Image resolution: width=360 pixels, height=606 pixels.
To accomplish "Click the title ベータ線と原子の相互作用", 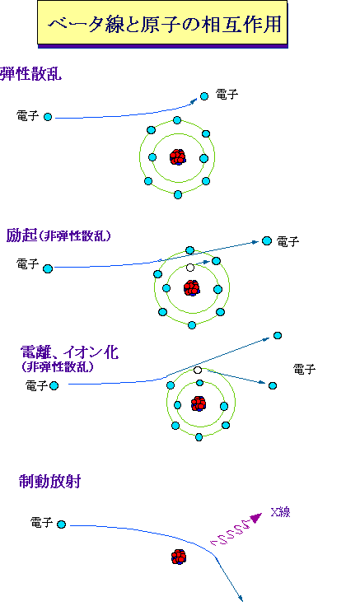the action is point(165,25).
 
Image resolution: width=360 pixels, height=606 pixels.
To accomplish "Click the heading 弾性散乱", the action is point(31,73).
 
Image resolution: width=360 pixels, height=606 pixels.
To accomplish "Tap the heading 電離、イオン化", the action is point(69,352).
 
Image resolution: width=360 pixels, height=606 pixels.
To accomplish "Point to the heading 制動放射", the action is point(50,482).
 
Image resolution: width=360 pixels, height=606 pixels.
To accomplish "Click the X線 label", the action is point(280,512).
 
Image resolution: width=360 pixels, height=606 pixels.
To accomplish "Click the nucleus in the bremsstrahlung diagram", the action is point(179,557).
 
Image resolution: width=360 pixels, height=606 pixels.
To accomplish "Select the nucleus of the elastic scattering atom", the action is point(178,157).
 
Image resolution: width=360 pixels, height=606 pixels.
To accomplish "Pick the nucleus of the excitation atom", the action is point(191,288).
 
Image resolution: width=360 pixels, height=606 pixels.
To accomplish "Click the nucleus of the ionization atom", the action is point(199,403).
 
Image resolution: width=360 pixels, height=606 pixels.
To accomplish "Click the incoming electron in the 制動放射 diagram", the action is point(61,524).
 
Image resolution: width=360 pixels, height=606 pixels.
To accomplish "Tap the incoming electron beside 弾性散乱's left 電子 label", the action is point(48,117).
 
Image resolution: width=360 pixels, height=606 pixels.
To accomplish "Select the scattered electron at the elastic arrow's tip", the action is point(204,96).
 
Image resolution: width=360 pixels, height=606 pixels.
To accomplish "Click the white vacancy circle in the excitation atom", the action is point(189,268).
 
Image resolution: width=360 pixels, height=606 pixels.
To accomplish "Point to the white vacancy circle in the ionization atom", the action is point(198,371).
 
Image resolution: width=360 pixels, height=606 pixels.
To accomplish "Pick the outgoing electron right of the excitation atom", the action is point(267,240).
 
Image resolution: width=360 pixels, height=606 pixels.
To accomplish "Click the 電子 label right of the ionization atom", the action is point(304,370).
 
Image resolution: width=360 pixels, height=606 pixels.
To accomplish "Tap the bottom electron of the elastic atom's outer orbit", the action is point(178,195).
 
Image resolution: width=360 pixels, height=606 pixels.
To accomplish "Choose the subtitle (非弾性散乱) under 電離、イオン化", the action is point(58,366).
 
